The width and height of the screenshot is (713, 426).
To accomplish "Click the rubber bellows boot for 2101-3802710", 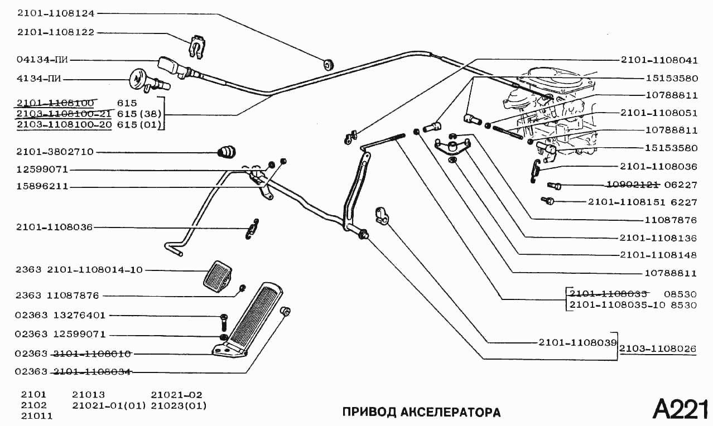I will (227, 151).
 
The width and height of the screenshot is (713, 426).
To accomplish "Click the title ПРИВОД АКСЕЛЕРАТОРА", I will (421, 413).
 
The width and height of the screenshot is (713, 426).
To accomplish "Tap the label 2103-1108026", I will (658, 349).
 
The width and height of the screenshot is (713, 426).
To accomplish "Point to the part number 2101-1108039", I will (577, 341).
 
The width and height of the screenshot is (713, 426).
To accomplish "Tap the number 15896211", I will (42, 187).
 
